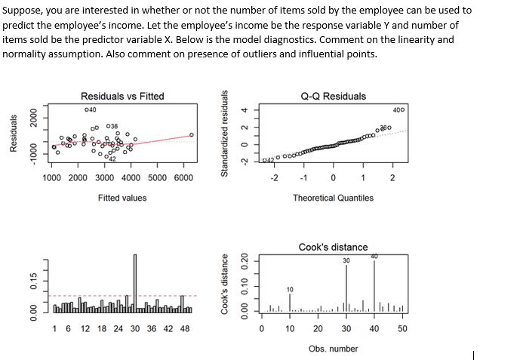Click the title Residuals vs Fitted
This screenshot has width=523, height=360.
click(x=122, y=96)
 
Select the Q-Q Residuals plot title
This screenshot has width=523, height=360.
click(x=333, y=96)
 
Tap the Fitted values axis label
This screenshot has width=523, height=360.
click(x=122, y=198)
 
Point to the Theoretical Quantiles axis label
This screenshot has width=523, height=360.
click(x=333, y=198)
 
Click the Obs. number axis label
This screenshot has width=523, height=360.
click(x=333, y=348)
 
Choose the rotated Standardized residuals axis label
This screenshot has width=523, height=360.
click(x=224, y=133)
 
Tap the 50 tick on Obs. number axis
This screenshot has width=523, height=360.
click(x=401, y=329)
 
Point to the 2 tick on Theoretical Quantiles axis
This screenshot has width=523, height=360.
click(x=392, y=178)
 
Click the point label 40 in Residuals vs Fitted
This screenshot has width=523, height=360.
click(x=90, y=110)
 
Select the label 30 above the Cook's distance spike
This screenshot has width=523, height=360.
click(x=346, y=260)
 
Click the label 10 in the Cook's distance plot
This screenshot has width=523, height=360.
click(x=290, y=288)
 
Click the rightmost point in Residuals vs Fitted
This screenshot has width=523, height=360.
click(x=192, y=135)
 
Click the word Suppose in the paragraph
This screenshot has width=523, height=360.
click(x=22, y=10)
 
